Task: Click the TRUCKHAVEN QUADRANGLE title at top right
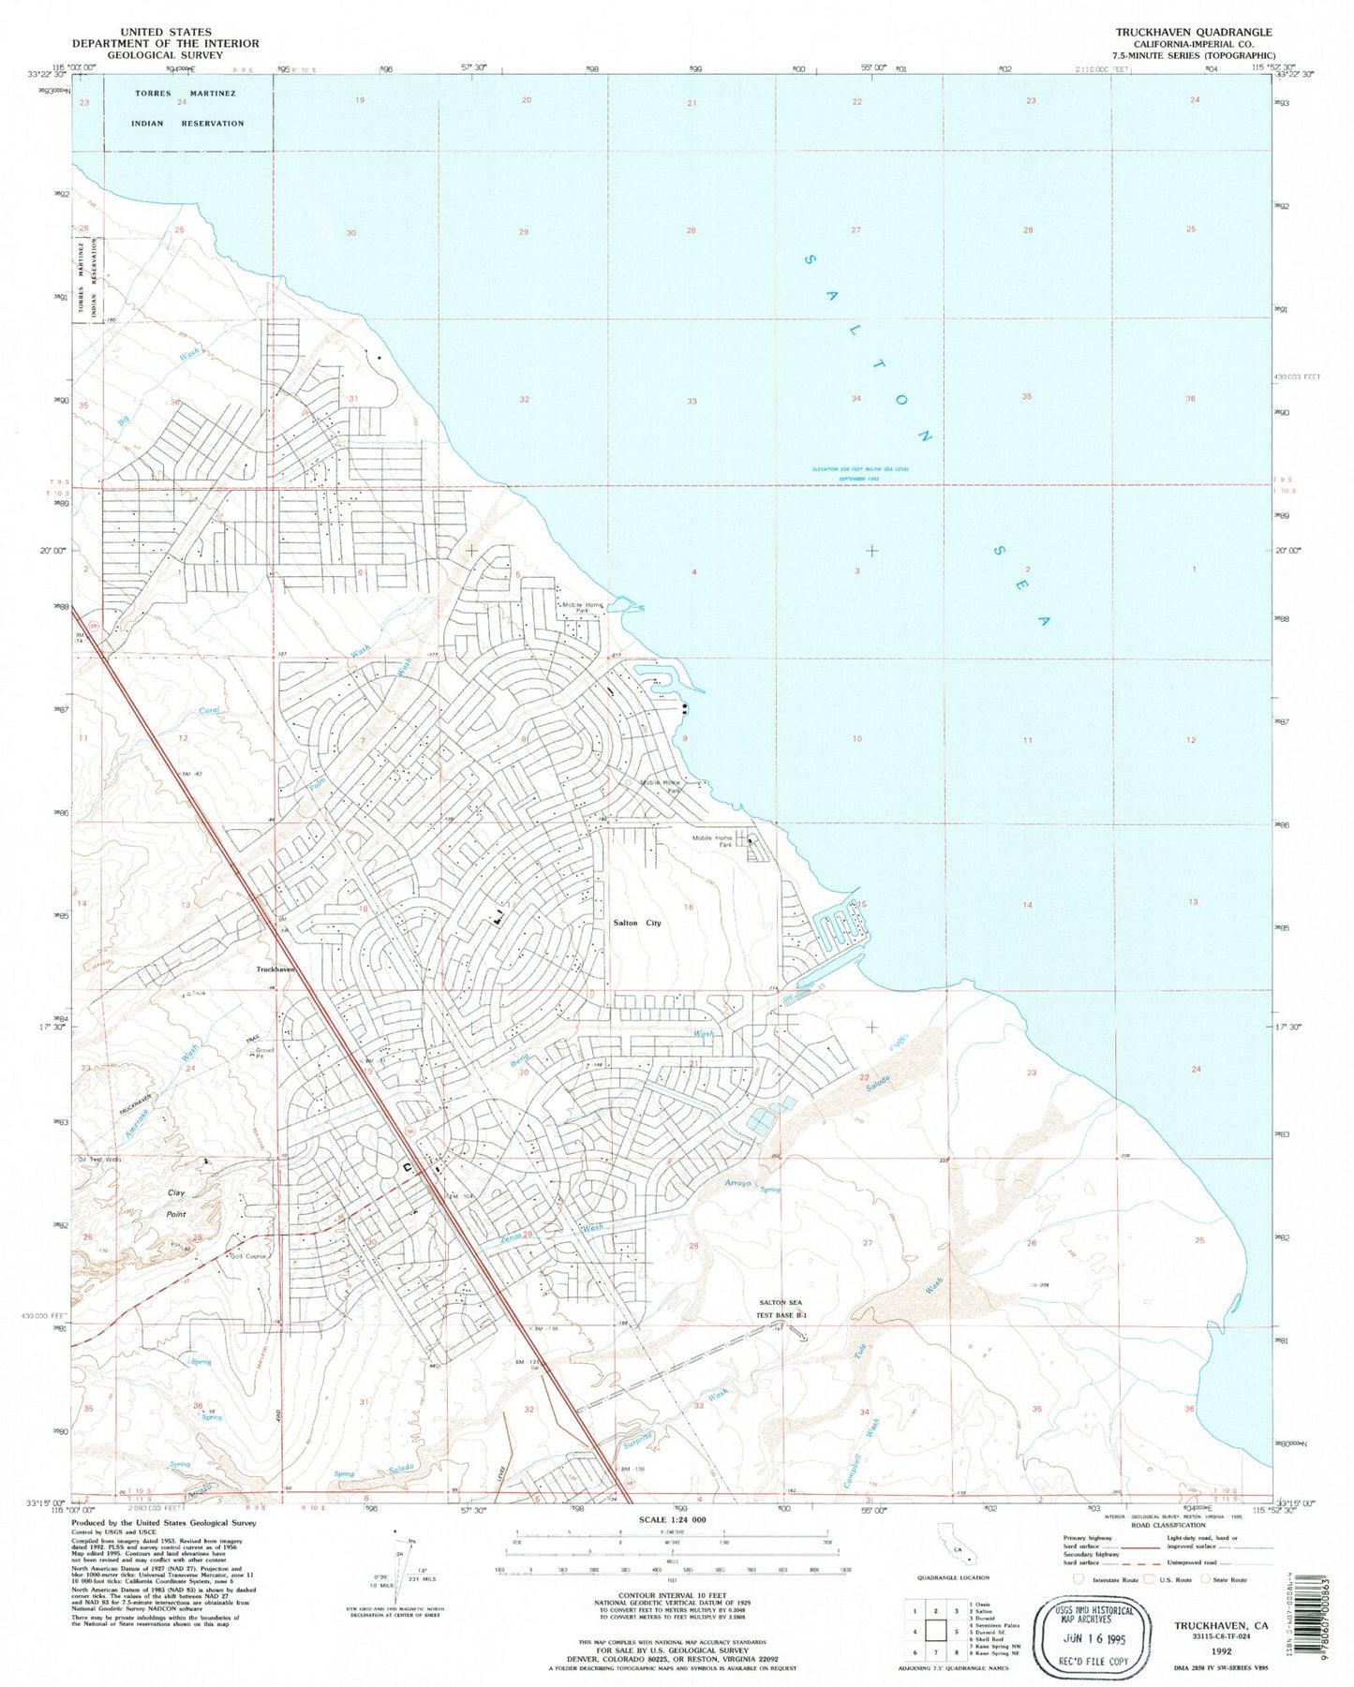pos(1193,32)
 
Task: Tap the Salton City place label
pos(637,923)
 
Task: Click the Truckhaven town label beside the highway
pos(275,969)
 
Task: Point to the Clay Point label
pos(176,1203)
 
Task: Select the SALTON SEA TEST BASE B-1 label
pos(781,1309)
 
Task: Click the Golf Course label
pos(249,1256)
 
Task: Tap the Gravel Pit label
pos(264,1053)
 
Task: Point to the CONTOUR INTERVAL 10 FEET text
pos(674,1594)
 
